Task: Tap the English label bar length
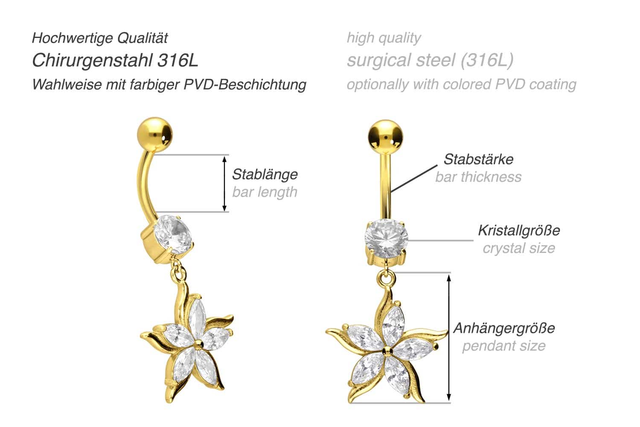(x=265, y=192)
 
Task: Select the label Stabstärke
(x=479, y=159)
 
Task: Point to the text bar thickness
(x=479, y=177)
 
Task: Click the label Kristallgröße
(x=519, y=230)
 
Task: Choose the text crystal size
(x=519, y=248)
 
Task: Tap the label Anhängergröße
(x=504, y=328)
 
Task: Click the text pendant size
(x=504, y=346)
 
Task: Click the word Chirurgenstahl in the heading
(x=93, y=61)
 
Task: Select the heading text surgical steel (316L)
(x=430, y=60)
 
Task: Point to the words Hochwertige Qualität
(x=100, y=38)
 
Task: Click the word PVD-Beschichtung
(x=245, y=84)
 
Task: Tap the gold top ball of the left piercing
(x=155, y=134)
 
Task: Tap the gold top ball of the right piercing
(x=385, y=137)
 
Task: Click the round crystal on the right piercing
(x=386, y=238)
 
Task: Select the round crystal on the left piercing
(x=173, y=235)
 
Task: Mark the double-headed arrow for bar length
(x=224, y=183)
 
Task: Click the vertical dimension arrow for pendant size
(x=449, y=337)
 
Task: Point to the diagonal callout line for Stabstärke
(x=414, y=178)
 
